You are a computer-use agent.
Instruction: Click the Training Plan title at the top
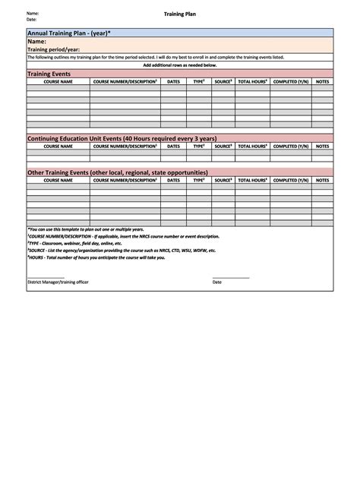click(x=180, y=14)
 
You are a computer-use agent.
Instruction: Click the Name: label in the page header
click(x=33, y=14)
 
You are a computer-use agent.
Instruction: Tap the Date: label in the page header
click(x=32, y=20)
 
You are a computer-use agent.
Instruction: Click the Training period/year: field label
click(x=54, y=49)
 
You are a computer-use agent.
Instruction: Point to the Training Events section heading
click(x=49, y=74)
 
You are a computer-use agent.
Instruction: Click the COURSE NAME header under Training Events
click(x=58, y=81)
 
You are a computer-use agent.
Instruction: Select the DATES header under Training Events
click(x=174, y=81)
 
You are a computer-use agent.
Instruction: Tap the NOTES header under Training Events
click(x=322, y=81)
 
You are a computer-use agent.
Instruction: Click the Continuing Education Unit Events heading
click(x=122, y=138)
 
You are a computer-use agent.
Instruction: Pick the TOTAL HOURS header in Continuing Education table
click(x=252, y=146)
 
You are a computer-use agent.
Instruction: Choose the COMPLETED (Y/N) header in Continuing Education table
click(x=290, y=146)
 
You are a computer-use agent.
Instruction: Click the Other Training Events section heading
click(x=117, y=172)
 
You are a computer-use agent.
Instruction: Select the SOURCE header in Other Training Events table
click(x=223, y=181)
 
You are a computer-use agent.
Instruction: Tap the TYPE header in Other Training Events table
click(x=198, y=181)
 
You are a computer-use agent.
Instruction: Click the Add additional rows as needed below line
click(x=180, y=65)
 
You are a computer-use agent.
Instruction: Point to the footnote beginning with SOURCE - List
click(x=122, y=250)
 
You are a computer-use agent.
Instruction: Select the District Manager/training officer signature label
click(x=58, y=282)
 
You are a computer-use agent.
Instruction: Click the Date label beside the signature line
click(x=216, y=282)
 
